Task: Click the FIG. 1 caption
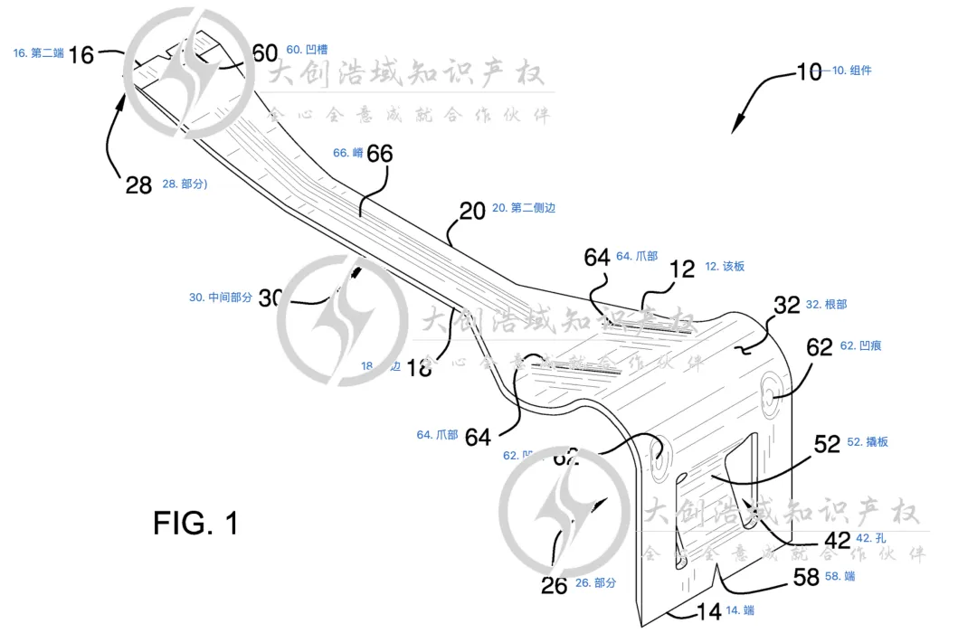pos(195,523)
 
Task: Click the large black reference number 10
pos(809,71)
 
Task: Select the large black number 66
pos(380,154)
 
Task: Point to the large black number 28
pos(138,184)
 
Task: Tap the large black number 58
pos(807,577)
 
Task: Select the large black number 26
pos(555,585)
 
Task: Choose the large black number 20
pos(472,211)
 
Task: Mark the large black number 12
pos(683,268)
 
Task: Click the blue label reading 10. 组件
pos(852,71)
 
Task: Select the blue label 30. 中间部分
pos(220,297)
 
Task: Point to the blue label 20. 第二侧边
pos(524,208)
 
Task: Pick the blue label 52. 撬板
pos(869,442)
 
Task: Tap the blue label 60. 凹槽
pos(307,50)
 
